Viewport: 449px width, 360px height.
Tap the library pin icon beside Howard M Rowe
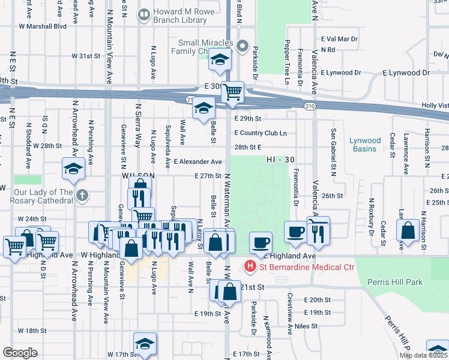[144, 13]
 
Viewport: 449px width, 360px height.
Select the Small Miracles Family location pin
[243, 46]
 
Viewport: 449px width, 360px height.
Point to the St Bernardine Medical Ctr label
[307, 267]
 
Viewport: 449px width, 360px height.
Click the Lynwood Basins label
[365, 145]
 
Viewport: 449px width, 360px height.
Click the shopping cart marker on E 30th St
[232, 92]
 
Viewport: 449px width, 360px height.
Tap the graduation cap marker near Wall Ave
[203, 108]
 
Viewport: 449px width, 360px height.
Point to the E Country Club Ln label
[261, 133]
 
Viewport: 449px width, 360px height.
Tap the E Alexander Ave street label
[198, 162]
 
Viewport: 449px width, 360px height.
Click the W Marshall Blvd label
[42, 26]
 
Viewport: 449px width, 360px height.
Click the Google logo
[20, 353]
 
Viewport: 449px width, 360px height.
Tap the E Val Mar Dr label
[339, 38]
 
